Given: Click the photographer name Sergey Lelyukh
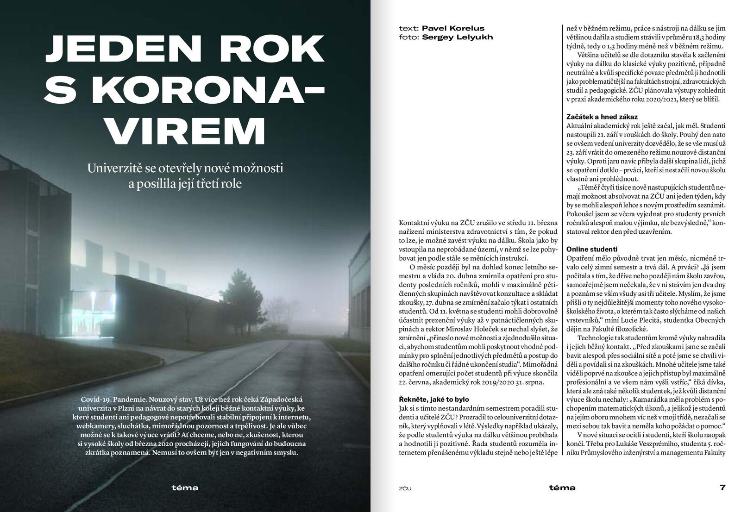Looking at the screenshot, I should [458, 37].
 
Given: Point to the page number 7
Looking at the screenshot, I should [722, 487].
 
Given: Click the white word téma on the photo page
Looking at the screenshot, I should [185, 487].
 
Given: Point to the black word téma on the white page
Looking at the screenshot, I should [562, 487].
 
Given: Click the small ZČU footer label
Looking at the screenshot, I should [405, 488].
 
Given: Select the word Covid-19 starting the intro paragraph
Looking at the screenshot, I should [95, 399].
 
